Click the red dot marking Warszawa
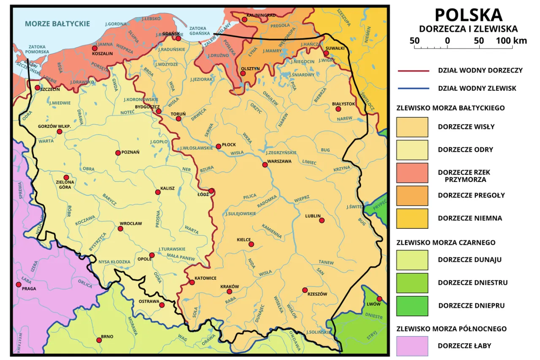coord(265,165)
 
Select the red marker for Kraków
coord(229,292)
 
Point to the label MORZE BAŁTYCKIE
coord(57,24)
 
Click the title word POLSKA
coord(468,15)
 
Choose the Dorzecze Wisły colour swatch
coord(412,127)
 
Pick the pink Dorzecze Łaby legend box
coord(412,346)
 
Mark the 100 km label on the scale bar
coord(511,41)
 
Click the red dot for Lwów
coord(379,298)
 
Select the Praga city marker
coord(19,284)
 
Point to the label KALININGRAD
coord(261,15)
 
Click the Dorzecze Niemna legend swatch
coord(412,218)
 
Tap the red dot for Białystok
coord(338,109)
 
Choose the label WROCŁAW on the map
coord(131,223)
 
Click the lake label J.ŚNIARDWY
coord(302,75)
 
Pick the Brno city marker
coord(99,340)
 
